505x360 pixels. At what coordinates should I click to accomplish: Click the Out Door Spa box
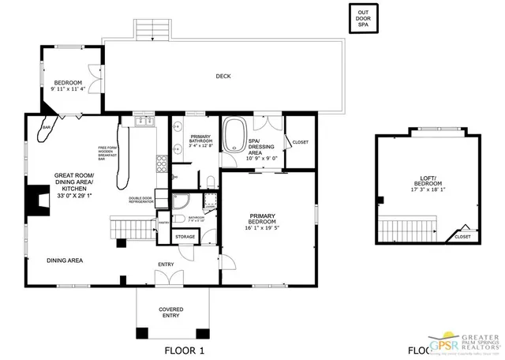363,18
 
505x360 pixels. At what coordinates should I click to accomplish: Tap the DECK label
224,77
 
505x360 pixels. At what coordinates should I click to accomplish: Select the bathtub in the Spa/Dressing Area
234,135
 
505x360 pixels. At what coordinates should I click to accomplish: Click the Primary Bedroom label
262,219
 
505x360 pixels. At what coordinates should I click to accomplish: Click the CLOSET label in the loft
462,236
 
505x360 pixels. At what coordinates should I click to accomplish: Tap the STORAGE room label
185,236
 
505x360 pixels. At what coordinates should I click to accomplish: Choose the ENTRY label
166,264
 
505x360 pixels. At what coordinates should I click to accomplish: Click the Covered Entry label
171,312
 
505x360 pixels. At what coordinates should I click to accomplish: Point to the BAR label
47,127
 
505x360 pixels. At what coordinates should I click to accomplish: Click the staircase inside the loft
407,231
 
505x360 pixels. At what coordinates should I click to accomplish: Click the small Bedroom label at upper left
68,82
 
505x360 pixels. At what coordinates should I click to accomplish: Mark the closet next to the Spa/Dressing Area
300,142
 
